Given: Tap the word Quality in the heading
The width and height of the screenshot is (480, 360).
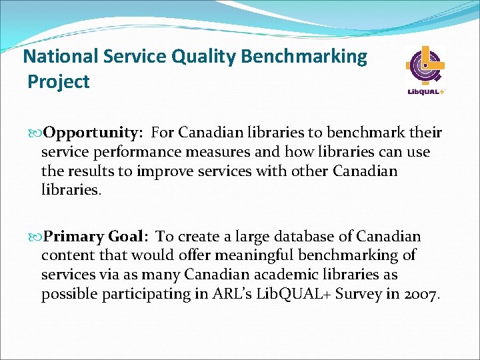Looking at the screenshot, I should coord(203,57).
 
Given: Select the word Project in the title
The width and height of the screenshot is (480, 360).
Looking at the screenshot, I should coord(59,82).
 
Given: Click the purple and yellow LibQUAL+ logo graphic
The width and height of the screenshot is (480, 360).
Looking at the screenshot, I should coord(425,67).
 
